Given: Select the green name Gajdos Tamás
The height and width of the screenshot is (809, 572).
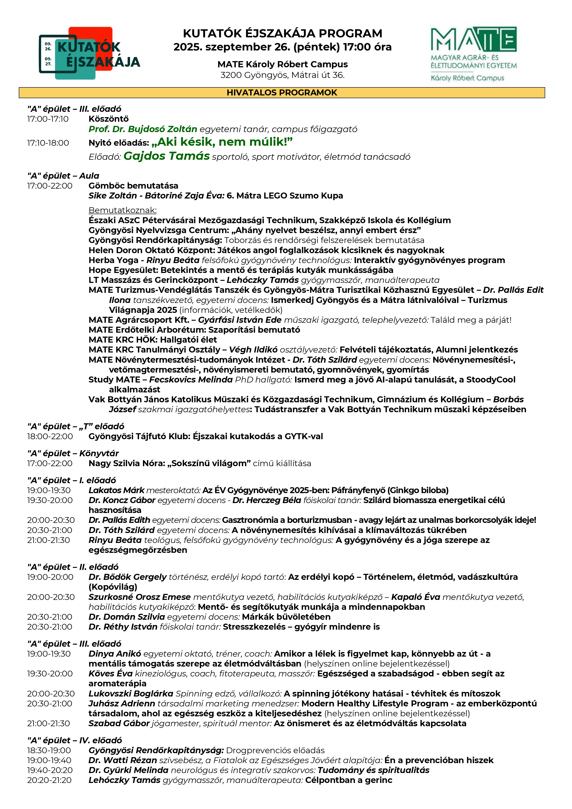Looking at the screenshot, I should [x=166, y=156].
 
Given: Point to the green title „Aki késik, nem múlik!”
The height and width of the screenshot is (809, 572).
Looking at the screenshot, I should [x=222, y=142].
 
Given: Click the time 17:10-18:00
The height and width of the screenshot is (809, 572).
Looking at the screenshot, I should [x=48, y=143].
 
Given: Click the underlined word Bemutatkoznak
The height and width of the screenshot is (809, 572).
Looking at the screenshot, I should [x=122, y=210].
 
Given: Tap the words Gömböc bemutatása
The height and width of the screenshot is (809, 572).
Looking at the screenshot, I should [x=133, y=186].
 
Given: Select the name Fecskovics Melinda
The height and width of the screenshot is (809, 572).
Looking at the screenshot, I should [x=191, y=379].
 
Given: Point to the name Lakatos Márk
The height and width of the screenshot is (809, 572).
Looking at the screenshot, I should [x=116, y=490].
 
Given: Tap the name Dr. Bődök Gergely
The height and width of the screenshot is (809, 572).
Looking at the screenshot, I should [x=127, y=577].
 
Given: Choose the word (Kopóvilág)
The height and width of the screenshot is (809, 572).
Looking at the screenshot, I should [x=113, y=587].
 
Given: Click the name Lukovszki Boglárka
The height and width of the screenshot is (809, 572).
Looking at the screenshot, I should [x=131, y=694].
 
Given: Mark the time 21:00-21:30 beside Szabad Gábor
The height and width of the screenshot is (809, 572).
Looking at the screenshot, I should [x=48, y=723].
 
